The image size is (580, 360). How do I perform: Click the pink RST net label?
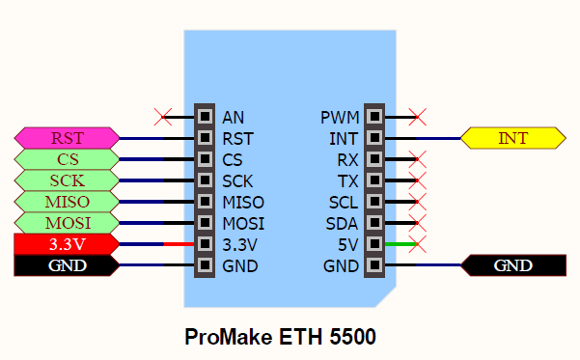coord(67,138)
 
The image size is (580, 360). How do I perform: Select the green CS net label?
coord(67,159)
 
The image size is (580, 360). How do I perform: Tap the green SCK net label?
coord(67,180)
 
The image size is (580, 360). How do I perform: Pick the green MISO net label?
coord(67,202)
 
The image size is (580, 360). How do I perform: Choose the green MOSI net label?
coord(67,223)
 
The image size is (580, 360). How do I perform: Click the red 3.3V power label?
coord(67,244)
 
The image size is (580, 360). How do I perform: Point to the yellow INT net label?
coord(512,138)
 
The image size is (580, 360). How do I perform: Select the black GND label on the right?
coord(512,265)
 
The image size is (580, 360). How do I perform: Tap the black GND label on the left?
coord(67,265)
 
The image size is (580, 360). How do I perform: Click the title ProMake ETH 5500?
coord(280,338)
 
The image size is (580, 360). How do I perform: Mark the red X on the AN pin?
coord(163,117)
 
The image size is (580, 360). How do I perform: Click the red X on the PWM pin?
coord(417,117)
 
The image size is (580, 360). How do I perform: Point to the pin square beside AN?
coord(204,117)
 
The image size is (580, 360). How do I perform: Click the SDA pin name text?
coord(343,223)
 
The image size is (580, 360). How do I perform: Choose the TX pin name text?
coord(347,180)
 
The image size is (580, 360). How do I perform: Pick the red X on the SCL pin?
coord(417,202)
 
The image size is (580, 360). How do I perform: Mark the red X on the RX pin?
coord(417,159)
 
